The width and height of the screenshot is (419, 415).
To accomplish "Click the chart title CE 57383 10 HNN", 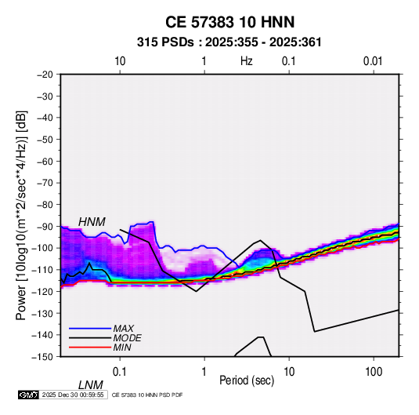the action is tap(229, 22).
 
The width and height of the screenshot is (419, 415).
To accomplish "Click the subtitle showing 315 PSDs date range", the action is tap(229, 42).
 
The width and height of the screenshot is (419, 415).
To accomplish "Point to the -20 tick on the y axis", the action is tap(45, 75).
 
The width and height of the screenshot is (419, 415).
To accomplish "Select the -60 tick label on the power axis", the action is tap(45, 161).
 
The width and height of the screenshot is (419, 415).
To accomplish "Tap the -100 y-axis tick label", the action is tap(42, 248).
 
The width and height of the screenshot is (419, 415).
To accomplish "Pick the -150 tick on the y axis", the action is tap(42, 357).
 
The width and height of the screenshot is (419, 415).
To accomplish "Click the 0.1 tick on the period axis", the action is tap(120, 371).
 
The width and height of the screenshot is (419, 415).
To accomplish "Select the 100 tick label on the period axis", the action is tap(374, 371).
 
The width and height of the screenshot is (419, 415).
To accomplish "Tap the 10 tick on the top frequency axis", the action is tap(120, 61).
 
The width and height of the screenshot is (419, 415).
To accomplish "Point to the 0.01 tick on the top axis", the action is tap(373, 61).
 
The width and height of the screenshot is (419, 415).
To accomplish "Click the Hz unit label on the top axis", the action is tap(247, 61).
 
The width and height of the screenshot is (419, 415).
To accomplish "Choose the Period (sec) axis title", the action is tap(247, 380).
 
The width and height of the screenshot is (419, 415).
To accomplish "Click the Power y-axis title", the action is tap(21, 216).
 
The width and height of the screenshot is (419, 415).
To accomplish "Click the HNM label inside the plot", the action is tap(92, 222).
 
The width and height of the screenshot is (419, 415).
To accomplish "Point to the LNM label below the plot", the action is tap(91, 385).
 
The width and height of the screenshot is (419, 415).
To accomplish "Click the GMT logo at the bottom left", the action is tap(29, 395).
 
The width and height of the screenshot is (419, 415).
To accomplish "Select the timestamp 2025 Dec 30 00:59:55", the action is tap(73, 395).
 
